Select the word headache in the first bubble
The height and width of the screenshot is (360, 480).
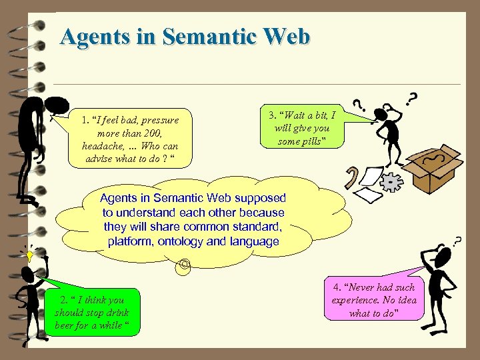103,146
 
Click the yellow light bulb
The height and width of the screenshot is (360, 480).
29,255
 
